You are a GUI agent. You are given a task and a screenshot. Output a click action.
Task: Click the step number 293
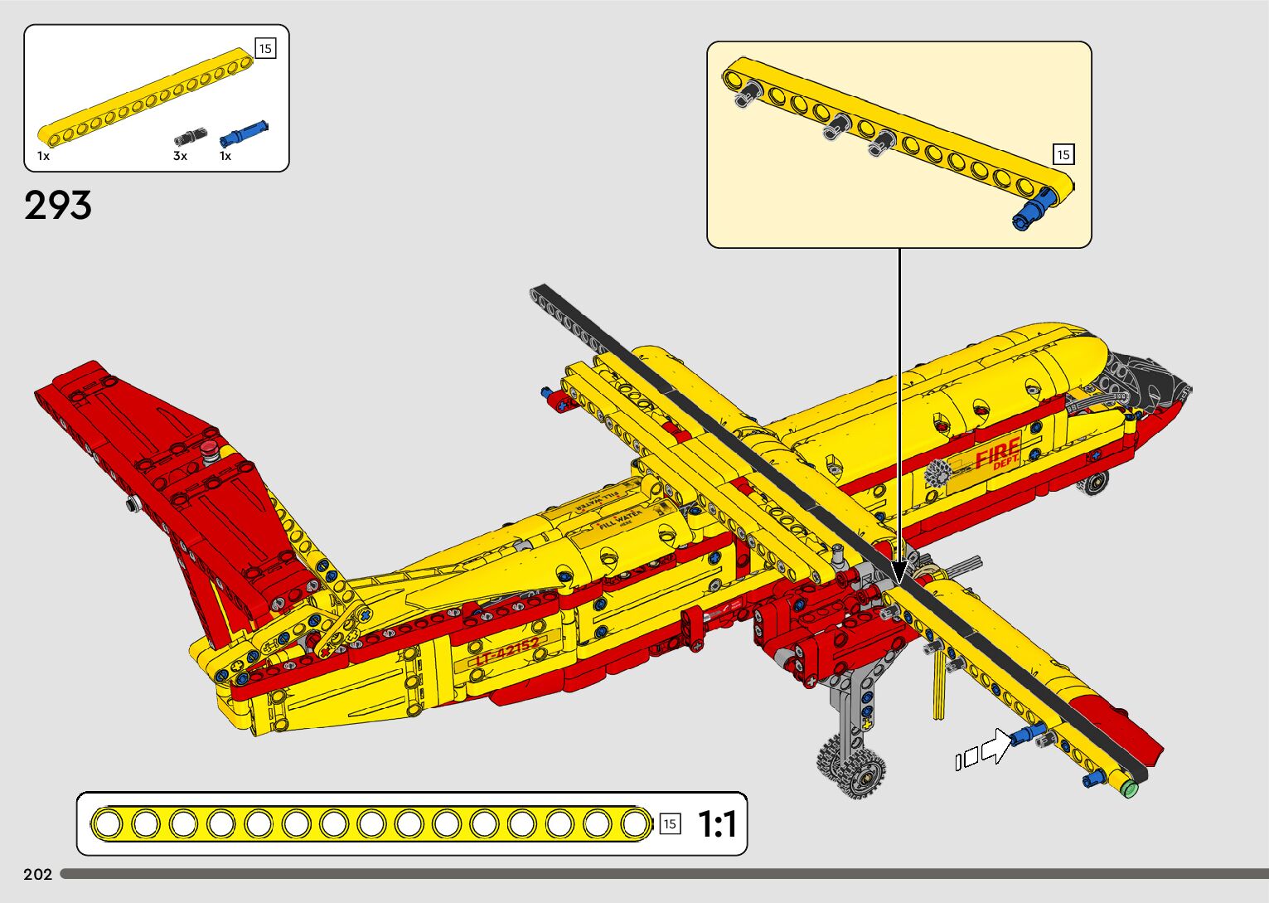coord(58,206)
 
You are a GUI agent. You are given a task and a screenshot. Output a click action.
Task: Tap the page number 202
coord(38,874)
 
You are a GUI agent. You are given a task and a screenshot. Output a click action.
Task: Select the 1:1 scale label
coord(716,824)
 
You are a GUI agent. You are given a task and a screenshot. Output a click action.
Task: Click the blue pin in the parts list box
coord(244,133)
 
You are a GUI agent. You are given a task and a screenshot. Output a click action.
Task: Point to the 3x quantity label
coord(180,156)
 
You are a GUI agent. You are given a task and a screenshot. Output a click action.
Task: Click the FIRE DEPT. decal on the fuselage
coord(998,455)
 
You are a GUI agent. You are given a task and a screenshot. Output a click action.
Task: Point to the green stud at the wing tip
coord(1128,788)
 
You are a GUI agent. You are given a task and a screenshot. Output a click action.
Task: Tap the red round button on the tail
coord(208,450)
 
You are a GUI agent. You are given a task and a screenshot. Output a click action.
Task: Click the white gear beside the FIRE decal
coord(939,474)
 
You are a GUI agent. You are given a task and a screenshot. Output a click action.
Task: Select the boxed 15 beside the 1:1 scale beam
coord(670,823)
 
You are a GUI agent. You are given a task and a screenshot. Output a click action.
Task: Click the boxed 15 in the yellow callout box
coord(1063,154)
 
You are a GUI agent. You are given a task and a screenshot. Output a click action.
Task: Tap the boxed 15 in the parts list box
coord(265,48)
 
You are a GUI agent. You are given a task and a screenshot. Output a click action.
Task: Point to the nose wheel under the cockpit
coord(1097,483)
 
